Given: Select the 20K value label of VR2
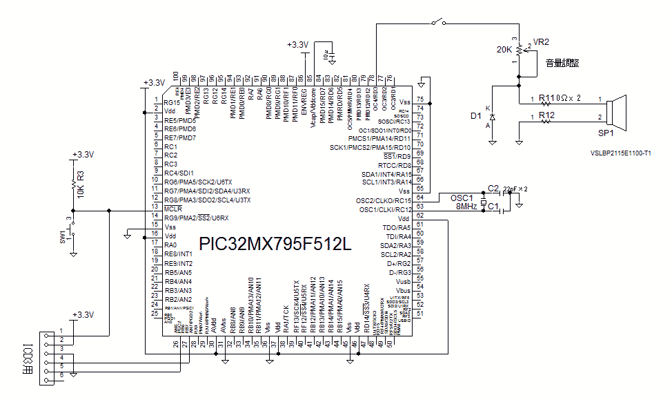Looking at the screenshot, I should [x=504, y=50].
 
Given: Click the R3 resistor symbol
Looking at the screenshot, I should [x=72, y=183].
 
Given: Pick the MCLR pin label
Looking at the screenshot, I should [x=172, y=209].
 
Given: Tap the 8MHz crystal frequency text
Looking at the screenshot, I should [x=466, y=206].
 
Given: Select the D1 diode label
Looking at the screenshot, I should [x=475, y=116].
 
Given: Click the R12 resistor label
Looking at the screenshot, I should [x=546, y=115].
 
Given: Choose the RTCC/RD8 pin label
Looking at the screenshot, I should [x=395, y=165].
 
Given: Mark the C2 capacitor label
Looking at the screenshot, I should [x=493, y=188].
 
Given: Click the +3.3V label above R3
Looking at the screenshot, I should [x=82, y=154].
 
